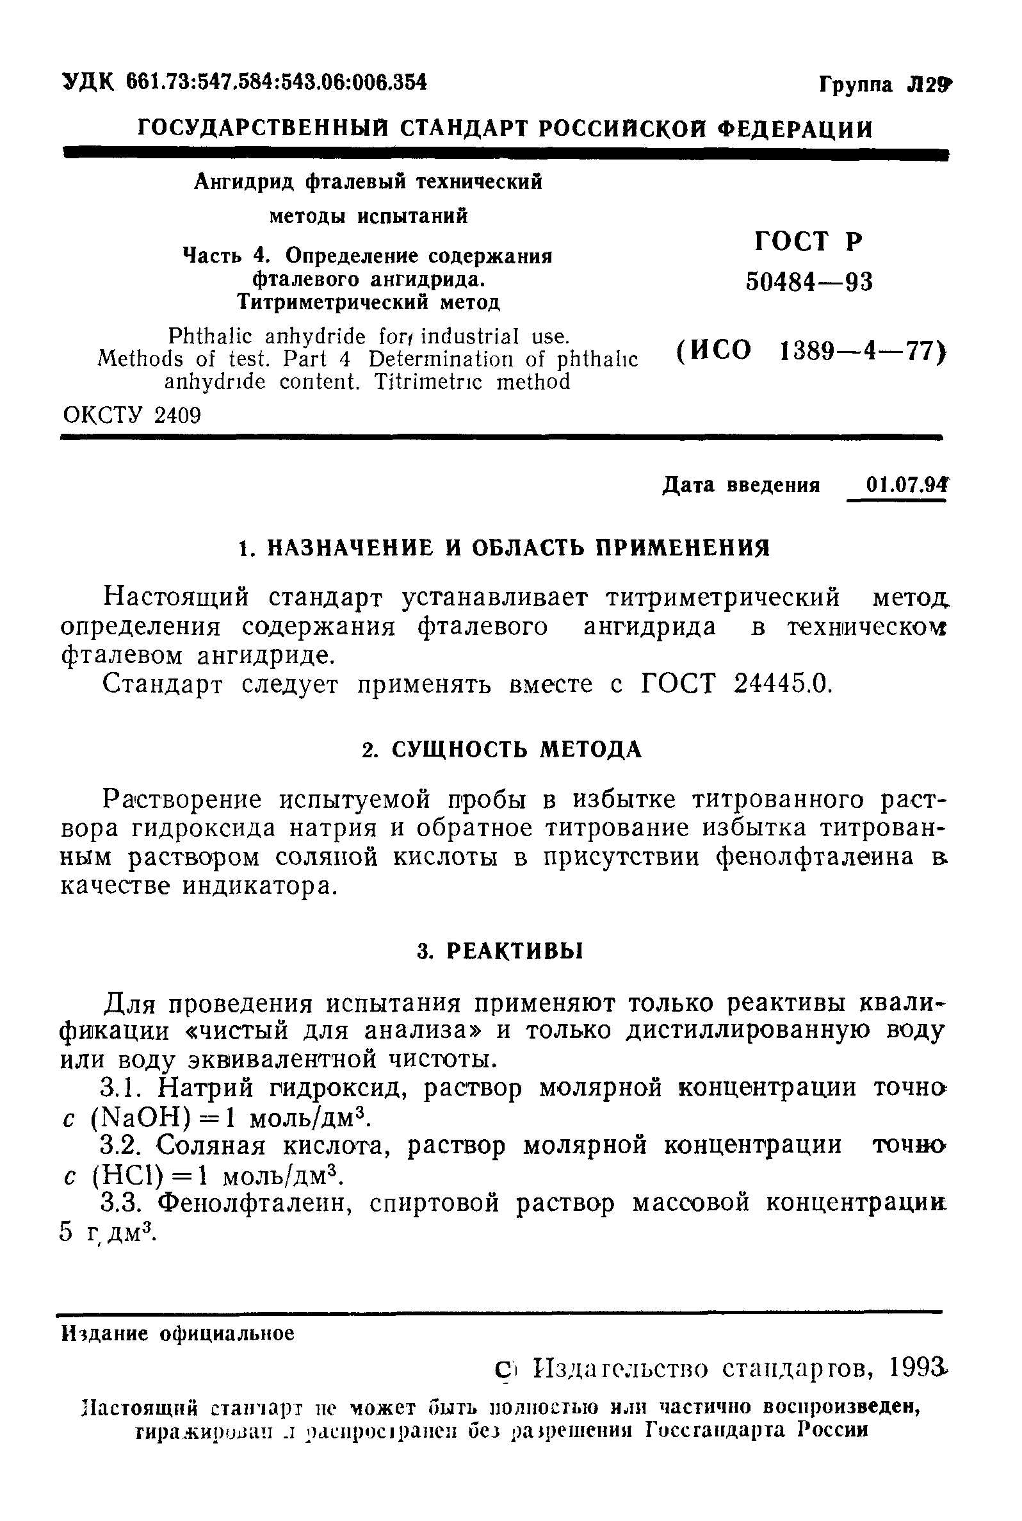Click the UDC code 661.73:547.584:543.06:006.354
tap(277, 82)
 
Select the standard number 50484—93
tap(809, 283)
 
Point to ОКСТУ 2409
tap(132, 415)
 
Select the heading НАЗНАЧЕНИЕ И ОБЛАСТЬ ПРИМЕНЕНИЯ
tap(519, 548)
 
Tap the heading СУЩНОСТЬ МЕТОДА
tap(515, 750)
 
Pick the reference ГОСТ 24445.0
tap(736, 684)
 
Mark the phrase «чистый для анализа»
tap(339, 1031)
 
